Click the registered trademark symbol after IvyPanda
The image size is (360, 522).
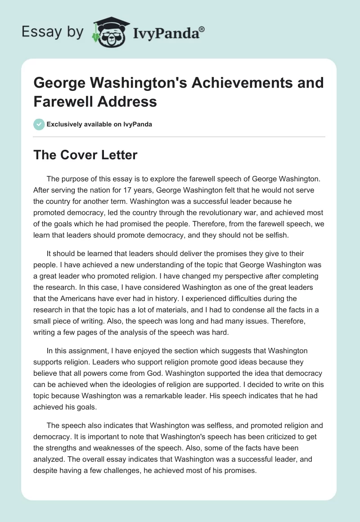202,29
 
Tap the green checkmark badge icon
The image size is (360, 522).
39,124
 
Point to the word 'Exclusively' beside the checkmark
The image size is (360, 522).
66,124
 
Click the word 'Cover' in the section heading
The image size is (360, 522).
80,155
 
